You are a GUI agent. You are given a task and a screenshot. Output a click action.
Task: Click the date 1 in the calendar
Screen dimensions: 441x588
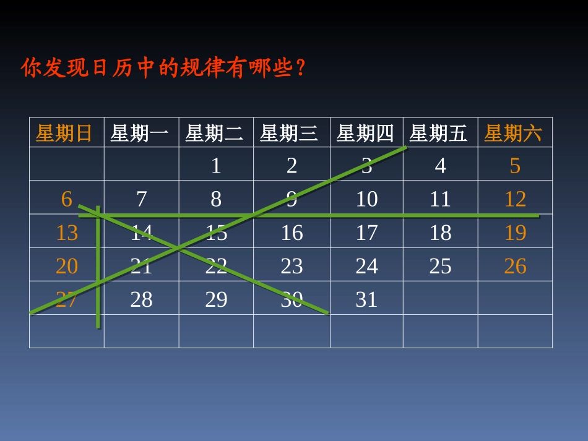pyautogui.click(x=215, y=166)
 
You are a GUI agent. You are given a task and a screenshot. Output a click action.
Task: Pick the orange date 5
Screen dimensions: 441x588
pyautogui.click(x=515, y=166)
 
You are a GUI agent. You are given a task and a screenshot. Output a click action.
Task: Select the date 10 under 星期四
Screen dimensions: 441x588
pyautogui.click(x=366, y=199)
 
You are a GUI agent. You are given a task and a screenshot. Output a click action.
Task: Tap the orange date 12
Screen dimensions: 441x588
pyautogui.click(x=515, y=199)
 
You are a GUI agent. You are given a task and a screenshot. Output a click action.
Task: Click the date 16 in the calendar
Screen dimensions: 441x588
pyautogui.click(x=292, y=233)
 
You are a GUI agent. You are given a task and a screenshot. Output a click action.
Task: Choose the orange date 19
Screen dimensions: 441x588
pyautogui.click(x=515, y=233)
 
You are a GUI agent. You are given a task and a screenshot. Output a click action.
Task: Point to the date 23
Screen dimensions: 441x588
pyautogui.click(x=292, y=266)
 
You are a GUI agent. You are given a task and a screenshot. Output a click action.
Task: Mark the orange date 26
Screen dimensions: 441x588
pyautogui.click(x=515, y=266)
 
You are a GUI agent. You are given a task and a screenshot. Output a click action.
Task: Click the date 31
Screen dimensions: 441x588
pyautogui.click(x=366, y=299)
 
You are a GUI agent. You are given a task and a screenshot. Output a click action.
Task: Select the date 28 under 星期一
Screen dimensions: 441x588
pyautogui.click(x=141, y=299)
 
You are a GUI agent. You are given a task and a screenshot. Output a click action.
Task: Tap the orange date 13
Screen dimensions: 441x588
pyautogui.click(x=67, y=233)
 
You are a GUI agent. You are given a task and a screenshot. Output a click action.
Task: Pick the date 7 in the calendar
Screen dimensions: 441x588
pyautogui.click(x=141, y=199)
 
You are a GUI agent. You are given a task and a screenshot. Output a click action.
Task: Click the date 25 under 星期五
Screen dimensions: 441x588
pyautogui.click(x=440, y=266)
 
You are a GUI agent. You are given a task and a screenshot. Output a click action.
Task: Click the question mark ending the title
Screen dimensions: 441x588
pyautogui.click(x=301, y=67)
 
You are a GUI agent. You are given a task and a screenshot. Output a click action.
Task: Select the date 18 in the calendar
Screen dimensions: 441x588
pyautogui.click(x=440, y=233)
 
